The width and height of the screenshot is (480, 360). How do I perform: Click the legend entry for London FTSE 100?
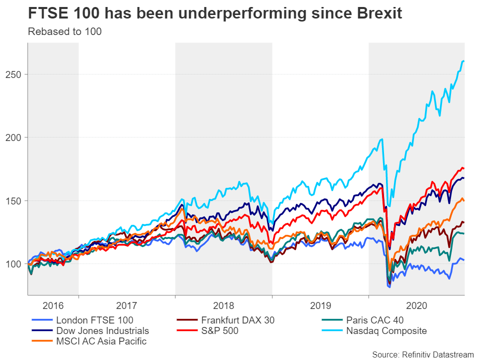click(94, 320)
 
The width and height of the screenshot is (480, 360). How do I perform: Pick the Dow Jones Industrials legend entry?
click(102, 330)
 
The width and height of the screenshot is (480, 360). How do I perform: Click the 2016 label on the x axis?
click(53, 305)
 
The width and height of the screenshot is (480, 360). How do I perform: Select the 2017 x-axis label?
click(126, 305)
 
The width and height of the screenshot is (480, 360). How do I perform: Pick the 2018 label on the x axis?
click(223, 305)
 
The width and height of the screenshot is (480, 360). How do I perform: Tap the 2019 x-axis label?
click(320, 305)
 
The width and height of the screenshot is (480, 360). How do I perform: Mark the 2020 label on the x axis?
click(416, 305)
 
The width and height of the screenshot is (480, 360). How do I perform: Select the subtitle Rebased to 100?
click(65, 32)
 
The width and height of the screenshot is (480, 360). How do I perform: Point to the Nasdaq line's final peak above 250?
click(463, 61)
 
